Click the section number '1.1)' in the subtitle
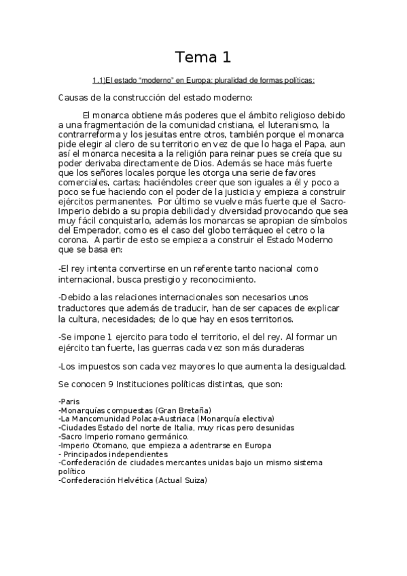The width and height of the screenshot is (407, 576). coord(99,80)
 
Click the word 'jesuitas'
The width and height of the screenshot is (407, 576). coord(166,134)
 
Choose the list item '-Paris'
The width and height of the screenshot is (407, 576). coord(69,401)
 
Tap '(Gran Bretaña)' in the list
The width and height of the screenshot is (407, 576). coord(183,410)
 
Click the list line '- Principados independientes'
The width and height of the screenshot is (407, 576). coord(113,454)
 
